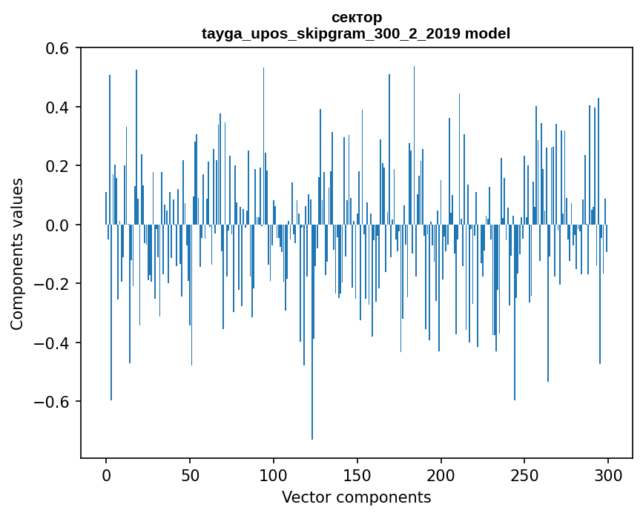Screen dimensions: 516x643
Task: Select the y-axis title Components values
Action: point(17,254)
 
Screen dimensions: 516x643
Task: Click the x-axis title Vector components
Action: point(356,497)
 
